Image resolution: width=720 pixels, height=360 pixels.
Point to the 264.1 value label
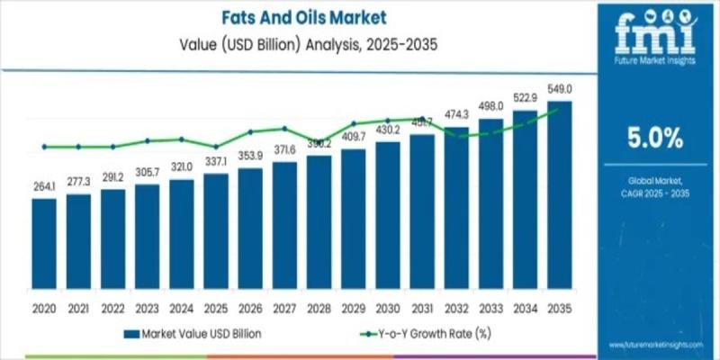pyautogui.click(x=44, y=187)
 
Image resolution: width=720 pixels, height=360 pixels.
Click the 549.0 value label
pyautogui.click(x=560, y=89)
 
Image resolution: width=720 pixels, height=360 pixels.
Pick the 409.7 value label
pyautogui.click(x=354, y=137)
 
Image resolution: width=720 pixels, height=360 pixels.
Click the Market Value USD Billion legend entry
pyautogui.click(x=200, y=335)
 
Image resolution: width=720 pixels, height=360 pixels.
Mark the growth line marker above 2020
pyautogui.click(x=44, y=147)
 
